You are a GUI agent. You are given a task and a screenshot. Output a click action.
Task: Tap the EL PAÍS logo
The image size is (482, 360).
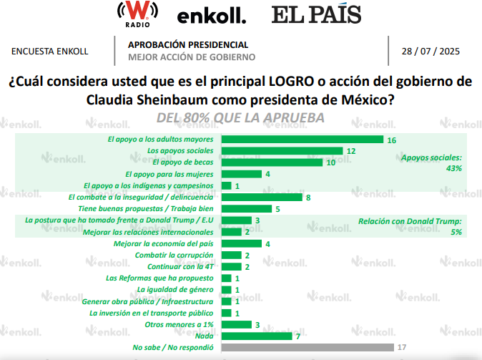tap(316, 14)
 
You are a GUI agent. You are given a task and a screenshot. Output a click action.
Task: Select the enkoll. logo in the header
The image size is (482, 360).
tap(212, 15)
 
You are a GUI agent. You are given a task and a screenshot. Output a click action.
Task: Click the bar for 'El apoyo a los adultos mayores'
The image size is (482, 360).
tap(303, 140)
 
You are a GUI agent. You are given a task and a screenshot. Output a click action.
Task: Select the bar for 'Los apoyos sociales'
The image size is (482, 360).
tap(282, 151)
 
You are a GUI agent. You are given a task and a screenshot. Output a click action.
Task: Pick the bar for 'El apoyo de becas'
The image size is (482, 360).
tap(272, 162)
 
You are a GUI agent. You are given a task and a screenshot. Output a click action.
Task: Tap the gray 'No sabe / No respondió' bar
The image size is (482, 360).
tap(308, 347)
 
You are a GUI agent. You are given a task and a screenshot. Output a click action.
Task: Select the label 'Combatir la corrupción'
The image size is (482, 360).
tap(175, 255)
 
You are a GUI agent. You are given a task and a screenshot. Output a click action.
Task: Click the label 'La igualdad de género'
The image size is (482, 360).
tap(176, 289)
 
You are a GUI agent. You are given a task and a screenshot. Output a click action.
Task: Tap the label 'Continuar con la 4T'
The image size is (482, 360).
tap(179, 266)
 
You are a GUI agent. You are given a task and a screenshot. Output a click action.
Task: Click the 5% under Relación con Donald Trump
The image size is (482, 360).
tap(455, 233)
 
